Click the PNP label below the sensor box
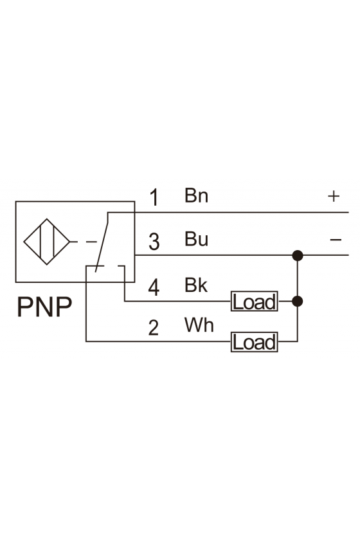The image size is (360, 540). point(44,307)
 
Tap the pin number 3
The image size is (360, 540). point(154,242)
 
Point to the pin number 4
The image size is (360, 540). point(154,287)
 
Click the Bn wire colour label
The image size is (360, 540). point(196,195)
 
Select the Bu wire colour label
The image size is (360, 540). point(196,239)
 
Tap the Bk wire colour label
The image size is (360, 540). point(196,285)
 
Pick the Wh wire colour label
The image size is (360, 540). point(199,325)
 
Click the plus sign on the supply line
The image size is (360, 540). point(334,196)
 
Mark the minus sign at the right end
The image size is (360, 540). point(336,239)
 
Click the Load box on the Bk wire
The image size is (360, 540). point(254,301)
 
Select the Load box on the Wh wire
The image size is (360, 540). point(254,341)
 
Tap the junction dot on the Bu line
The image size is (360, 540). point(297,256)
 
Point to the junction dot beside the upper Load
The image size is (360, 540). point(297,301)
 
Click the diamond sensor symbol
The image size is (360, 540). point(47,242)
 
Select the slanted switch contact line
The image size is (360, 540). point(102,242)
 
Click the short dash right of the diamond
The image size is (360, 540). point(91,242)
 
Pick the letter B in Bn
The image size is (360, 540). point(190,195)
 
